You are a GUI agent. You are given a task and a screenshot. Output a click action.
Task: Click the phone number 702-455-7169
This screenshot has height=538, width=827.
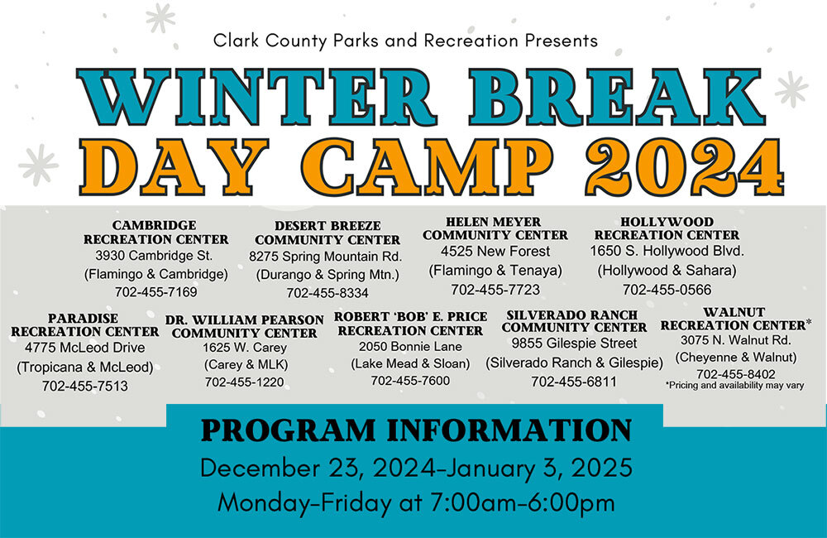[x=155, y=291]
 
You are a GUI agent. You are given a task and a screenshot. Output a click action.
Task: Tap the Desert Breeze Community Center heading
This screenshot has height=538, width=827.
[x=327, y=233]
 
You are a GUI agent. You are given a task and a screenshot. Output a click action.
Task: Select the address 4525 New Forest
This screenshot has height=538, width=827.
[x=495, y=251]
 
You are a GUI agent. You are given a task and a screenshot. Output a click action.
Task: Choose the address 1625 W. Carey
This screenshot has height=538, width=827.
[x=244, y=348]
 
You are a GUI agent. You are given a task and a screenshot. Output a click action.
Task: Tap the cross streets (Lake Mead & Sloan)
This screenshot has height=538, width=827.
[x=410, y=363]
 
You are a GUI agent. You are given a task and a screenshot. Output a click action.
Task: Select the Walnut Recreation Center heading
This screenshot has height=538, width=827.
[x=733, y=319]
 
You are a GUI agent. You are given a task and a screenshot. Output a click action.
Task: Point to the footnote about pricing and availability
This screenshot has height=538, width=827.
[x=734, y=385]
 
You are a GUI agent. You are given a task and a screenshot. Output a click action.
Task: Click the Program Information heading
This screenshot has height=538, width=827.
[x=416, y=430]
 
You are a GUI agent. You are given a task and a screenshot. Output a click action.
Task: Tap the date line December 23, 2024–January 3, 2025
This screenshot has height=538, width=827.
[x=416, y=468]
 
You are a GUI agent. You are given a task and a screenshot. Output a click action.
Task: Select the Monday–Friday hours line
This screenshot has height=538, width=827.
[x=416, y=502]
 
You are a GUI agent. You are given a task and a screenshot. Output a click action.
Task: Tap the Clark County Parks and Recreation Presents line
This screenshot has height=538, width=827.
[x=405, y=40]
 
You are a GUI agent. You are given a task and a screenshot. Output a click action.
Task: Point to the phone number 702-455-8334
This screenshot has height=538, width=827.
[x=327, y=293]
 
